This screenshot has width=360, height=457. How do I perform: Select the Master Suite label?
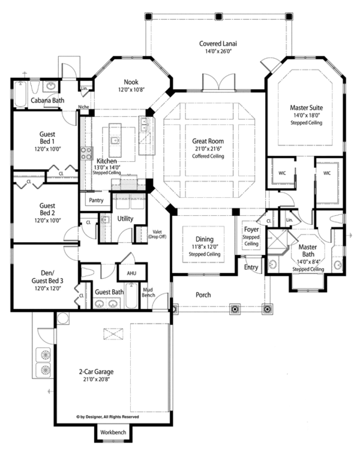[x=306, y=108]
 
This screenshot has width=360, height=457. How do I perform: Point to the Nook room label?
[x=131, y=82]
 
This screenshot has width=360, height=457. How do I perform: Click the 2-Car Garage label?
[x=94, y=371]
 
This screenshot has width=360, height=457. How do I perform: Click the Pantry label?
[x=96, y=200]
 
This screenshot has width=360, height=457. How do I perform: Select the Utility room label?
[x=125, y=219]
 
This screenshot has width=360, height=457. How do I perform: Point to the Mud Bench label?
[x=149, y=291]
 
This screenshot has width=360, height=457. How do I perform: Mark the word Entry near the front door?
[x=251, y=267]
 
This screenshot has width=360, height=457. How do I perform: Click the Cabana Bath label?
[x=48, y=101]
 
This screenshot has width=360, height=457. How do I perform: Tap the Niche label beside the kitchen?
[x=83, y=108]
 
